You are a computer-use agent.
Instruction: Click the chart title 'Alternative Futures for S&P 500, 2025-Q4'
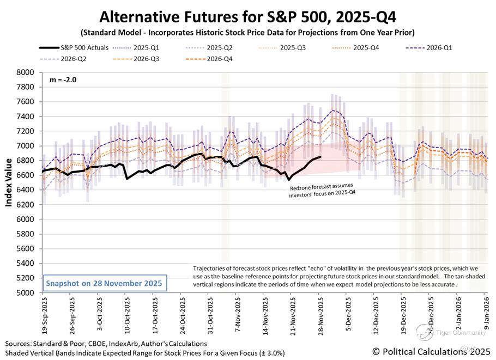point(247,15)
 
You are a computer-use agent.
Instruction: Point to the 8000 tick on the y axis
point(26,72)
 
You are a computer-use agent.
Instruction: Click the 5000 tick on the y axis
point(26,292)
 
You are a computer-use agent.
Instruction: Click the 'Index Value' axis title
point(9,182)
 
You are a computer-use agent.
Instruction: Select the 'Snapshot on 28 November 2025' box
point(104,284)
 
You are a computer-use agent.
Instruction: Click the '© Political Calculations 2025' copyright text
point(432,352)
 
